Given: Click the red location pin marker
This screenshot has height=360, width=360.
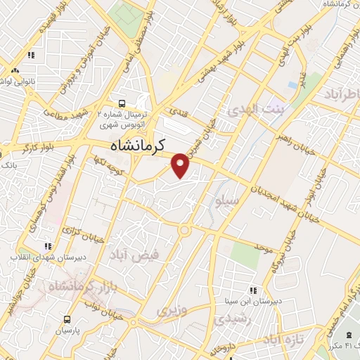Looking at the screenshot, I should (x=181, y=165).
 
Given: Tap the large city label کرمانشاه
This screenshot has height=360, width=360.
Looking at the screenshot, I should (x=147, y=146).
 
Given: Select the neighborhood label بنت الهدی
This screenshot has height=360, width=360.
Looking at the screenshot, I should (x=252, y=111).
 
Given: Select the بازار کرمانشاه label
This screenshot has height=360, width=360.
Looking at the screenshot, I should (x=73, y=287).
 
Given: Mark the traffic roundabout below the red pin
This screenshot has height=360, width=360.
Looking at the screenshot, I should (x=185, y=229).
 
